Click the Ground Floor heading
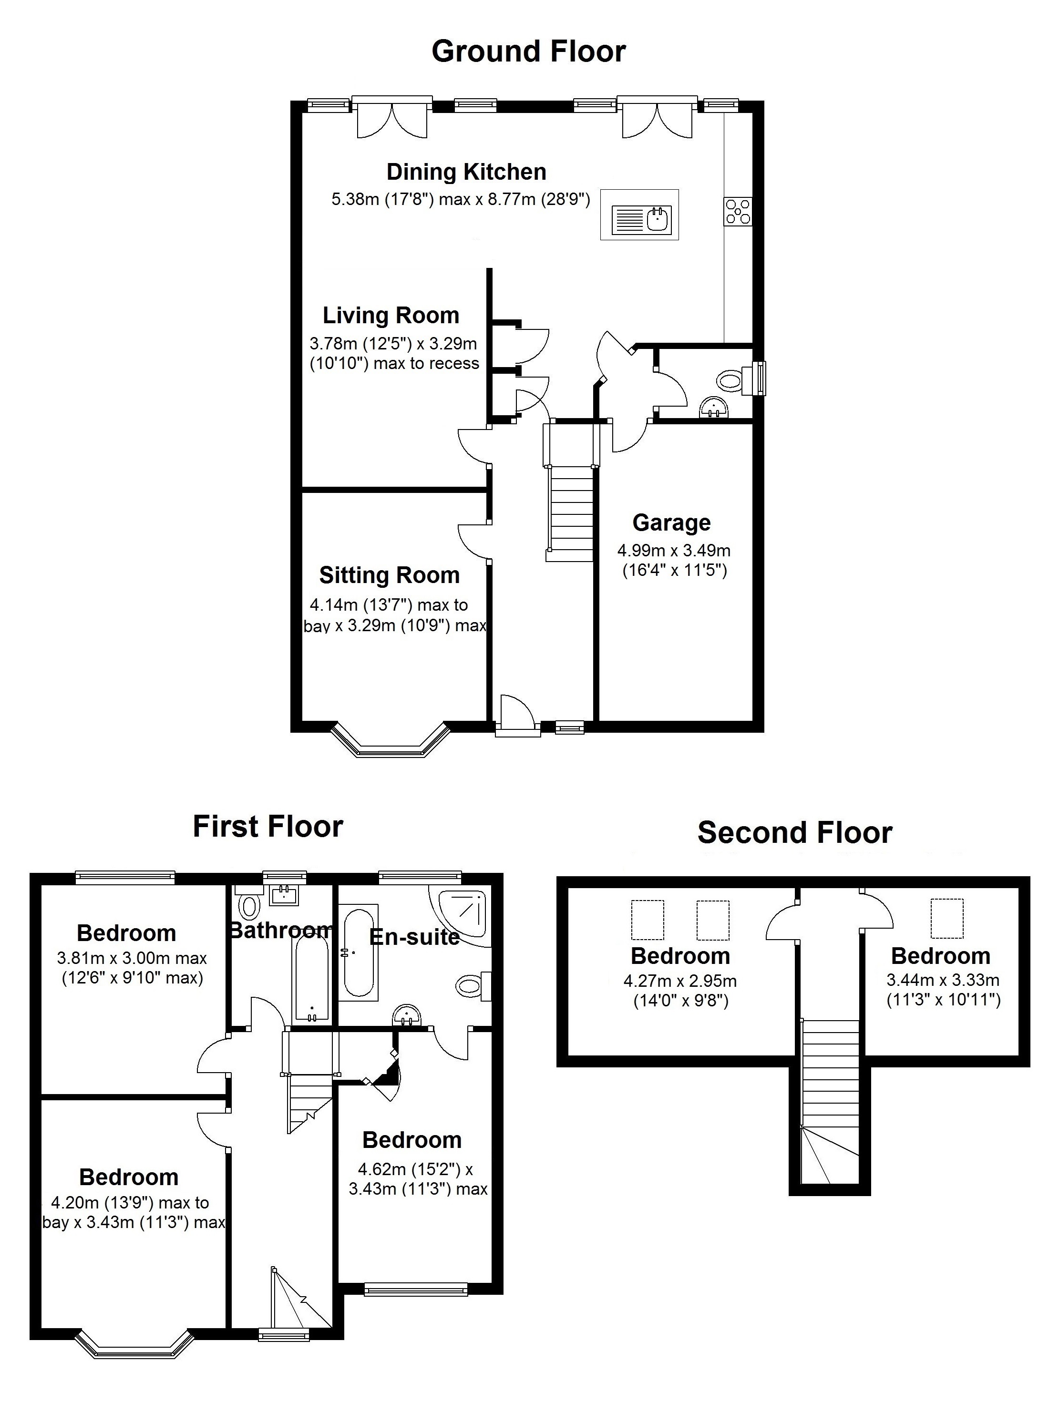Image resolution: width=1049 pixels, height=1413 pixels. (528, 51)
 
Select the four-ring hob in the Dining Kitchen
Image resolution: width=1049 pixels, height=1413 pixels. (738, 211)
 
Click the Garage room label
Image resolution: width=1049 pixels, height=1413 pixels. (671, 522)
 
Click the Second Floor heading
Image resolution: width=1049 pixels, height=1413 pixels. (794, 833)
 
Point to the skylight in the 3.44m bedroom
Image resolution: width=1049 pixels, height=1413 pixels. (947, 918)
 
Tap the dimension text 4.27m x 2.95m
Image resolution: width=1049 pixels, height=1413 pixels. (680, 981)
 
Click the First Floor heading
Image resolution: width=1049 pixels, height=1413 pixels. (267, 827)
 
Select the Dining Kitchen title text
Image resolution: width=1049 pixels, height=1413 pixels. (466, 172)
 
